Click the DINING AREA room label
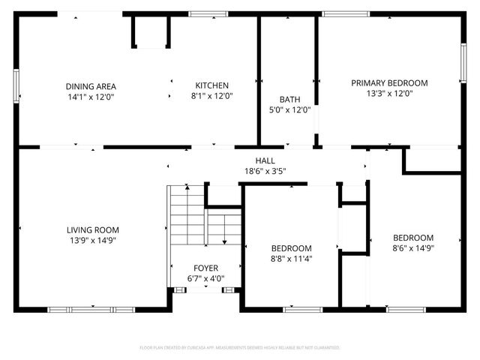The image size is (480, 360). pyautogui.click(x=91, y=85)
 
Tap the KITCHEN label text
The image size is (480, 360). pyautogui.click(x=212, y=85)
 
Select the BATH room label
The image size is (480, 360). pyautogui.click(x=289, y=99)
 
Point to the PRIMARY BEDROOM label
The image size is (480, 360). pyautogui.click(x=389, y=82)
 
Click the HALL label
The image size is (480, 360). pyautogui.click(x=265, y=160)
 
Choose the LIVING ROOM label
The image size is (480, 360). pyautogui.click(x=93, y=230)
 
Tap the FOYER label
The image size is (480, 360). pyautogui.click(x=205, y=268)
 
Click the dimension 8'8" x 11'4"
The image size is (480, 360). pyautogui.click(x=291, y=259)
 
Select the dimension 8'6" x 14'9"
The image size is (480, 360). pyautogui.click(x=413, y=248)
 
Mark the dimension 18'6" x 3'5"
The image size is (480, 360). pyautogui.click(x=265, y=171)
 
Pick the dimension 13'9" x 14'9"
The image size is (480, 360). pyautogui.click(x=93, y=241)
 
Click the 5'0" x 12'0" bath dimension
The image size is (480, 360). pyautogui.click(x=289, y=109)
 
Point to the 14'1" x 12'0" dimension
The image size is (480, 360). pyautogui.click(x=91, y=96)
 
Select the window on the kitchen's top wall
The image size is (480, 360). pyautogui.click(x=208, y=13)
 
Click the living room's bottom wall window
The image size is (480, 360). pyautogui.click(x=91, y=309)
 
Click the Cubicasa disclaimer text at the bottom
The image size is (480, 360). pyautogui.click(x=240, y=348)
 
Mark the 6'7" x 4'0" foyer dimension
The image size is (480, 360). pyautogui.click(x=205, y=279)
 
